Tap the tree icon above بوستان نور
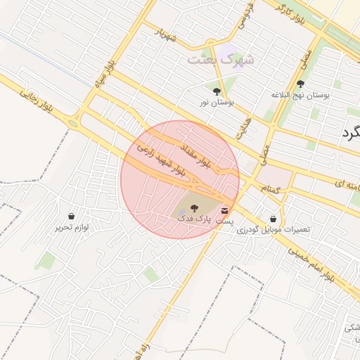tap(216, 91)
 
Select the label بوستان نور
tap(217, 103)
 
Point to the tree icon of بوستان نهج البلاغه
tap(300, 83)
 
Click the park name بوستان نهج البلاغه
tap(301, 94)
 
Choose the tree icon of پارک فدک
tap(194, 208)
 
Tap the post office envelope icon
tap(225, 210)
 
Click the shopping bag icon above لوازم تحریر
tap(72, 216)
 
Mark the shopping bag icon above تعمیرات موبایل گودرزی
tap(273, 219)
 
